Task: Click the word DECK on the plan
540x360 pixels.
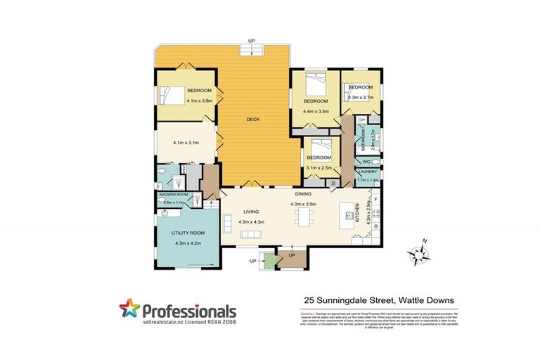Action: click(254, 119)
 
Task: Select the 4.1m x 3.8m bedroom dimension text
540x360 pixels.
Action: click(186, 101)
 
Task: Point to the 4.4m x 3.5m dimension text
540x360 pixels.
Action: click(316, 111)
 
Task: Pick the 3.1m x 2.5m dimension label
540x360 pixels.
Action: click(319, 167)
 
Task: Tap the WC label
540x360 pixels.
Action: click(366, 161)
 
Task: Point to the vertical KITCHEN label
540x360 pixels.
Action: click(358, 210)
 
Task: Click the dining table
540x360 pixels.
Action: click(304, 214)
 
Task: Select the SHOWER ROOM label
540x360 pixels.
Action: click(174, 194)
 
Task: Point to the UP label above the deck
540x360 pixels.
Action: click(252, 40)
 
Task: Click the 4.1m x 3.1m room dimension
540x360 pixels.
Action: click(186, 143)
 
